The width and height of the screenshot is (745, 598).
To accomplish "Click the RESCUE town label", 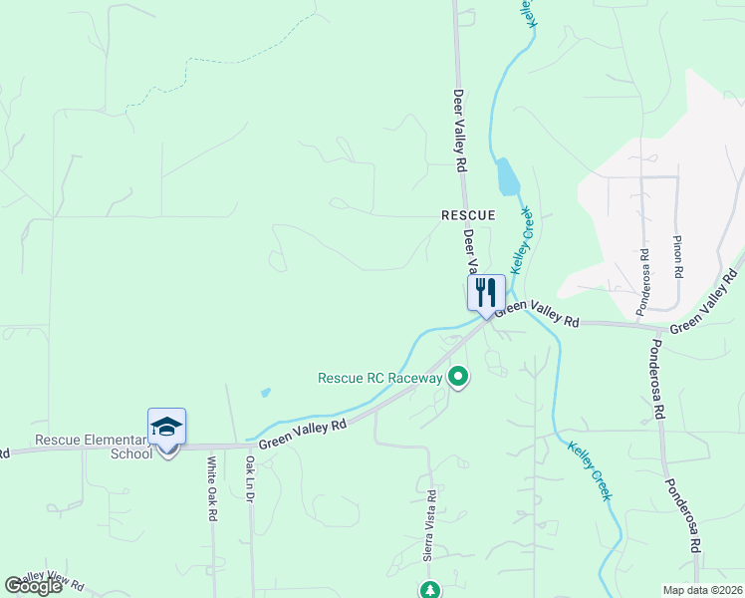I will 468,215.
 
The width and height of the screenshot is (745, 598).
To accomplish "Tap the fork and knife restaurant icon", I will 486,293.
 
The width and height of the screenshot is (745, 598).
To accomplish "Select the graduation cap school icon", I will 166,428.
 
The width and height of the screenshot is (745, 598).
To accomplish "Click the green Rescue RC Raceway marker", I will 458,377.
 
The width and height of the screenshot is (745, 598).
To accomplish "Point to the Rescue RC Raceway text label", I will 378,378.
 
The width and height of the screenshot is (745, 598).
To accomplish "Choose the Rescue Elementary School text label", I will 91,447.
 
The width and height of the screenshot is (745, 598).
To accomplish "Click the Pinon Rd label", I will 678,257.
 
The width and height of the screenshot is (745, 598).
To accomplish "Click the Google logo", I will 34,586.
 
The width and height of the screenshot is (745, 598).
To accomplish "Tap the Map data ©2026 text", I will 702,590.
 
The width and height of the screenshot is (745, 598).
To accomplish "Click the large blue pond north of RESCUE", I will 507,176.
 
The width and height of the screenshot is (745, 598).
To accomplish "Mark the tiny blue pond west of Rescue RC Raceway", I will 265,393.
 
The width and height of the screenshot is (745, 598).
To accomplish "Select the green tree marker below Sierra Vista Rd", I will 429,590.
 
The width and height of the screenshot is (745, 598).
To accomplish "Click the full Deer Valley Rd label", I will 460,129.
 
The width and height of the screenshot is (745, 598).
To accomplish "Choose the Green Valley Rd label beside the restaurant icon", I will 537,314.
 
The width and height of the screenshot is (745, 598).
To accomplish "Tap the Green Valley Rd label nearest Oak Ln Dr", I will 302,433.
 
